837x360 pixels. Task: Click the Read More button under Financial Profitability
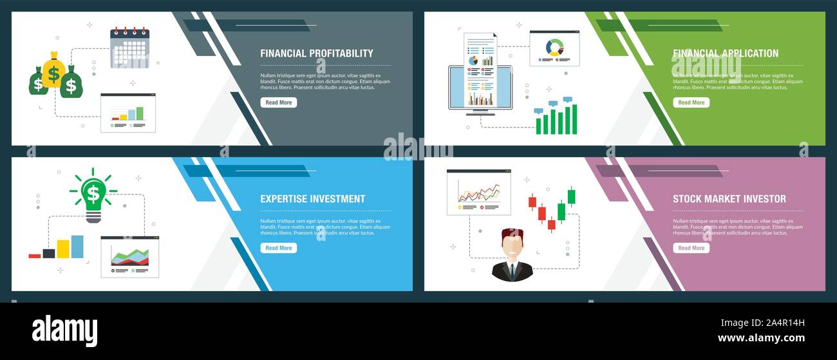[278, 102]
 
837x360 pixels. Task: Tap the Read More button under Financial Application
[691, 102]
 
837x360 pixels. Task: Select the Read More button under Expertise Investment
[278, 248]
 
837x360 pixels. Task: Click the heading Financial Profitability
[316, 53]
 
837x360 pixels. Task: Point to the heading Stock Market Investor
[729, 199]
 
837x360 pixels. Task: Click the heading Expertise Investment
[312, 199]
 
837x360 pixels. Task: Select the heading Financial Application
[725, 53]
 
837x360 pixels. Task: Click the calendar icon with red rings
[129, 48]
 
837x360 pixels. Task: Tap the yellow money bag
[53, 70]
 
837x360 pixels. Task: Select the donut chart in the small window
[554, 46]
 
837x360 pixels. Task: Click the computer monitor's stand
[480, 111]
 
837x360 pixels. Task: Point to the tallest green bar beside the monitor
[574, 118]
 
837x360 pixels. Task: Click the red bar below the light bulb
[35, 256]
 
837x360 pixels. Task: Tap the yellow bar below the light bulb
[63, 249]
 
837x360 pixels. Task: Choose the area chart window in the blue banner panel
[129, 256]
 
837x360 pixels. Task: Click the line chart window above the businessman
[478, 192]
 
